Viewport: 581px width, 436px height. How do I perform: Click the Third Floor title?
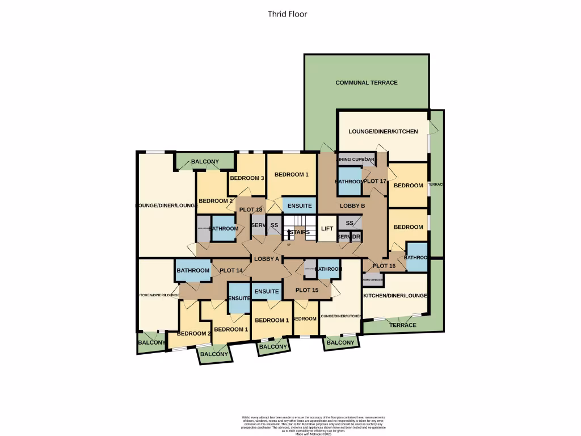coord(288,14)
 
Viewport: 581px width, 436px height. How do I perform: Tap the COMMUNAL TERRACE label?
coord(367,83)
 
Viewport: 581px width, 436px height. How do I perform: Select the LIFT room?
coord(327,228)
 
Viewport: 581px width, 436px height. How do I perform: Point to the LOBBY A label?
coord(266,259)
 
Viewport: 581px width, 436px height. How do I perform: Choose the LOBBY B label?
coord(352,206)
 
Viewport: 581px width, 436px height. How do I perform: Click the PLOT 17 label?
coord(374,181)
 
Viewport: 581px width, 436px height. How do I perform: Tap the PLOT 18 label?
coord(251,209)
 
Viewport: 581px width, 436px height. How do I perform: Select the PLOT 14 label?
coord(231,271)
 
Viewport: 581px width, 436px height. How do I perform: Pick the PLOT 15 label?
coord(307,291)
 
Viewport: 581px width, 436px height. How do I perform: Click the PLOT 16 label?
coord(384,266)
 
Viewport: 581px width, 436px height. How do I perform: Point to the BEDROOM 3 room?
coord(247,178)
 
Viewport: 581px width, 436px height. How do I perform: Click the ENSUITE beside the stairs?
coord(299,206)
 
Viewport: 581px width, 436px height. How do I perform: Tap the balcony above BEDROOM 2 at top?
coord(205,162)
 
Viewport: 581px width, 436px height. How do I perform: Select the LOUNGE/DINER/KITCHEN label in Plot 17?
coord(383,132)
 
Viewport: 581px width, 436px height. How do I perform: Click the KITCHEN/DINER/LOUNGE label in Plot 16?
coord(395,296)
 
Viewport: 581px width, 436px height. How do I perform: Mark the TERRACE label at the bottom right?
coord(403,325)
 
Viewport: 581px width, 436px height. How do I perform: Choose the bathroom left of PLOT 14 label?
coord(193,270)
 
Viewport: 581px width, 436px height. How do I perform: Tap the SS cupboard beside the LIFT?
coord(350,223)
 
